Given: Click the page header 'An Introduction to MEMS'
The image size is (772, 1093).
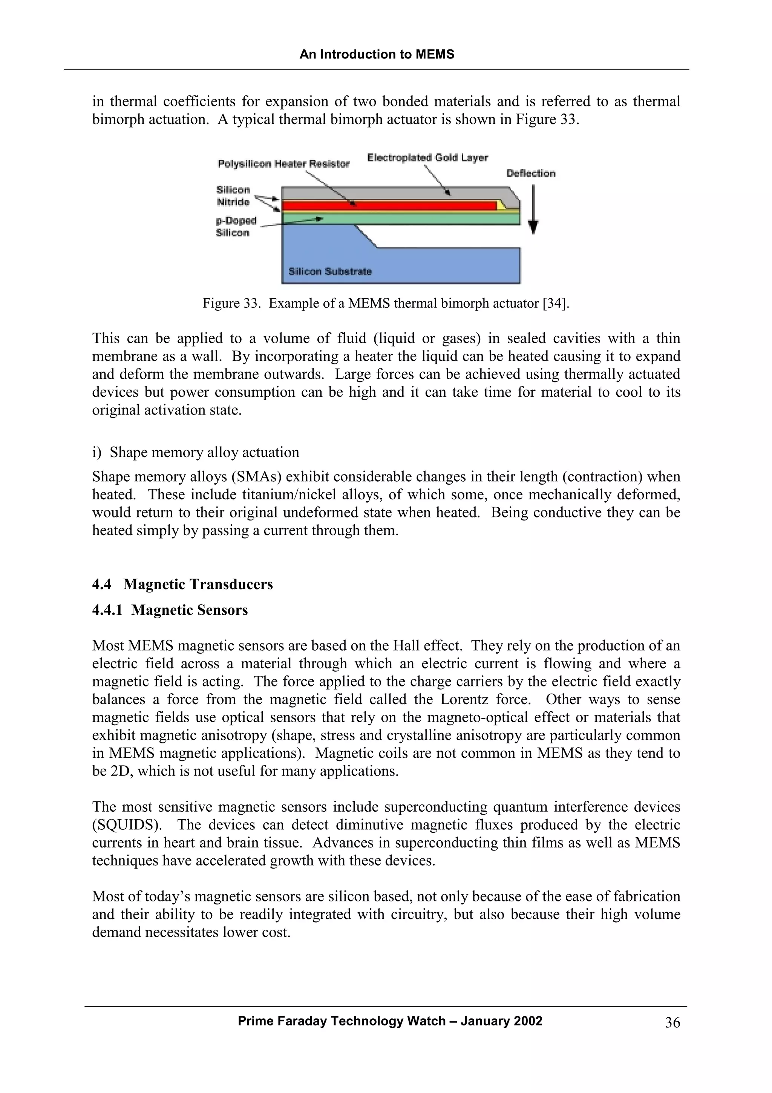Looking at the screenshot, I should (377, 55).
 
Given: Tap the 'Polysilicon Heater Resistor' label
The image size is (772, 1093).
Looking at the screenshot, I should (283, 164).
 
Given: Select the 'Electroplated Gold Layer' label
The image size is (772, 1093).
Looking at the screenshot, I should (427, 158).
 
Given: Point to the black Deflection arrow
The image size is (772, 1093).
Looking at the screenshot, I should (533, 209).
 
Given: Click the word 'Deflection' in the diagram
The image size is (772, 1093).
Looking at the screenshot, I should (531, 173).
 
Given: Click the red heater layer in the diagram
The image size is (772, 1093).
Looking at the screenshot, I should (388, 206).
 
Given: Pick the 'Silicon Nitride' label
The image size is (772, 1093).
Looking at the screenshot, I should (233, 196).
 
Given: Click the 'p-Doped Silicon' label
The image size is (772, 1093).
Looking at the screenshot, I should (236, 227).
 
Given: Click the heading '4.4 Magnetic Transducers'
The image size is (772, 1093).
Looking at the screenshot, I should (183, 584).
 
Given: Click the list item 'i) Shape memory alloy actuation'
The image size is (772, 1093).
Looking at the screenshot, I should (196, 452).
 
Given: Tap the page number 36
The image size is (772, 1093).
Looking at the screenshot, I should (672, 1022).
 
